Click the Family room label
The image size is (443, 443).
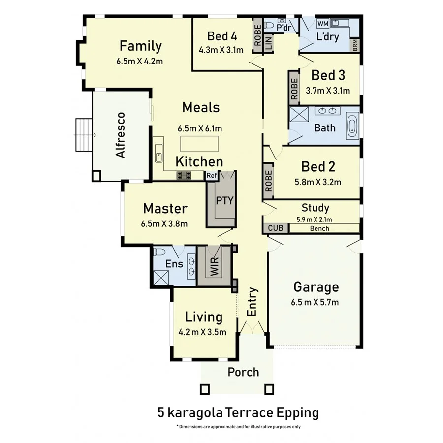coord(141,46)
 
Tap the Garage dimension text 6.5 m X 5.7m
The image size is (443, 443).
coord(316,302)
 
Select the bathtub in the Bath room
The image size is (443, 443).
coord(352,126)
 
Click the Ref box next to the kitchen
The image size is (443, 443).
coord(212,175)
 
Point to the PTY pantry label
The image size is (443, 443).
coord(224,200)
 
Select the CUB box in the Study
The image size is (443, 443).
coord(275,228)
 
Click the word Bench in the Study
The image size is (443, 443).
coord(319,229)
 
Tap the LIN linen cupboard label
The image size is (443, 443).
coord(268,43)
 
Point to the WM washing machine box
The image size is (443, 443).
coord(322,23)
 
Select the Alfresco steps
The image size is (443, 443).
coord(84,135)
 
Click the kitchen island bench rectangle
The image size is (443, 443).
coord(199,143)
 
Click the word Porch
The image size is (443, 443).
coord(243,372)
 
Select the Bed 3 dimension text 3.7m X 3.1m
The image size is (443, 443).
coord(328,90)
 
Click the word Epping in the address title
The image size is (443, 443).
coord(297,412)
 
